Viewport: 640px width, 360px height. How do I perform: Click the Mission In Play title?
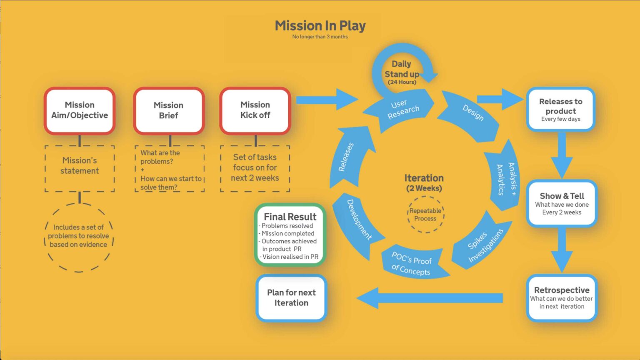[x=320, y=26]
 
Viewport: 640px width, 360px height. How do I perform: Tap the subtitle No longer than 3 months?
[x=320, y=37]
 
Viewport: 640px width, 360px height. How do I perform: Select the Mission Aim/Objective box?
[x=80, y=110]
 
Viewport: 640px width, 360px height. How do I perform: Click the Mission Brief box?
[x=169, y=110]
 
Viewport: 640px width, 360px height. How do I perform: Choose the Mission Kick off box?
[x=255, y=110]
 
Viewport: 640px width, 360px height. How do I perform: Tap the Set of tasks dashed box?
[x=255, y=168]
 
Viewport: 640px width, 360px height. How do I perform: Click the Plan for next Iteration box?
[x=291, y=298]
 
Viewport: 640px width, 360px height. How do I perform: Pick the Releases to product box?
[x=560, y=110]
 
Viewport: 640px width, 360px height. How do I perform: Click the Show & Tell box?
[x=562, y=203]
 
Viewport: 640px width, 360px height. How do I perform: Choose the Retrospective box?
[x=562, y=298]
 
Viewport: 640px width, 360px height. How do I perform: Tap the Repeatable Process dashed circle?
[x=425, y=215]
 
